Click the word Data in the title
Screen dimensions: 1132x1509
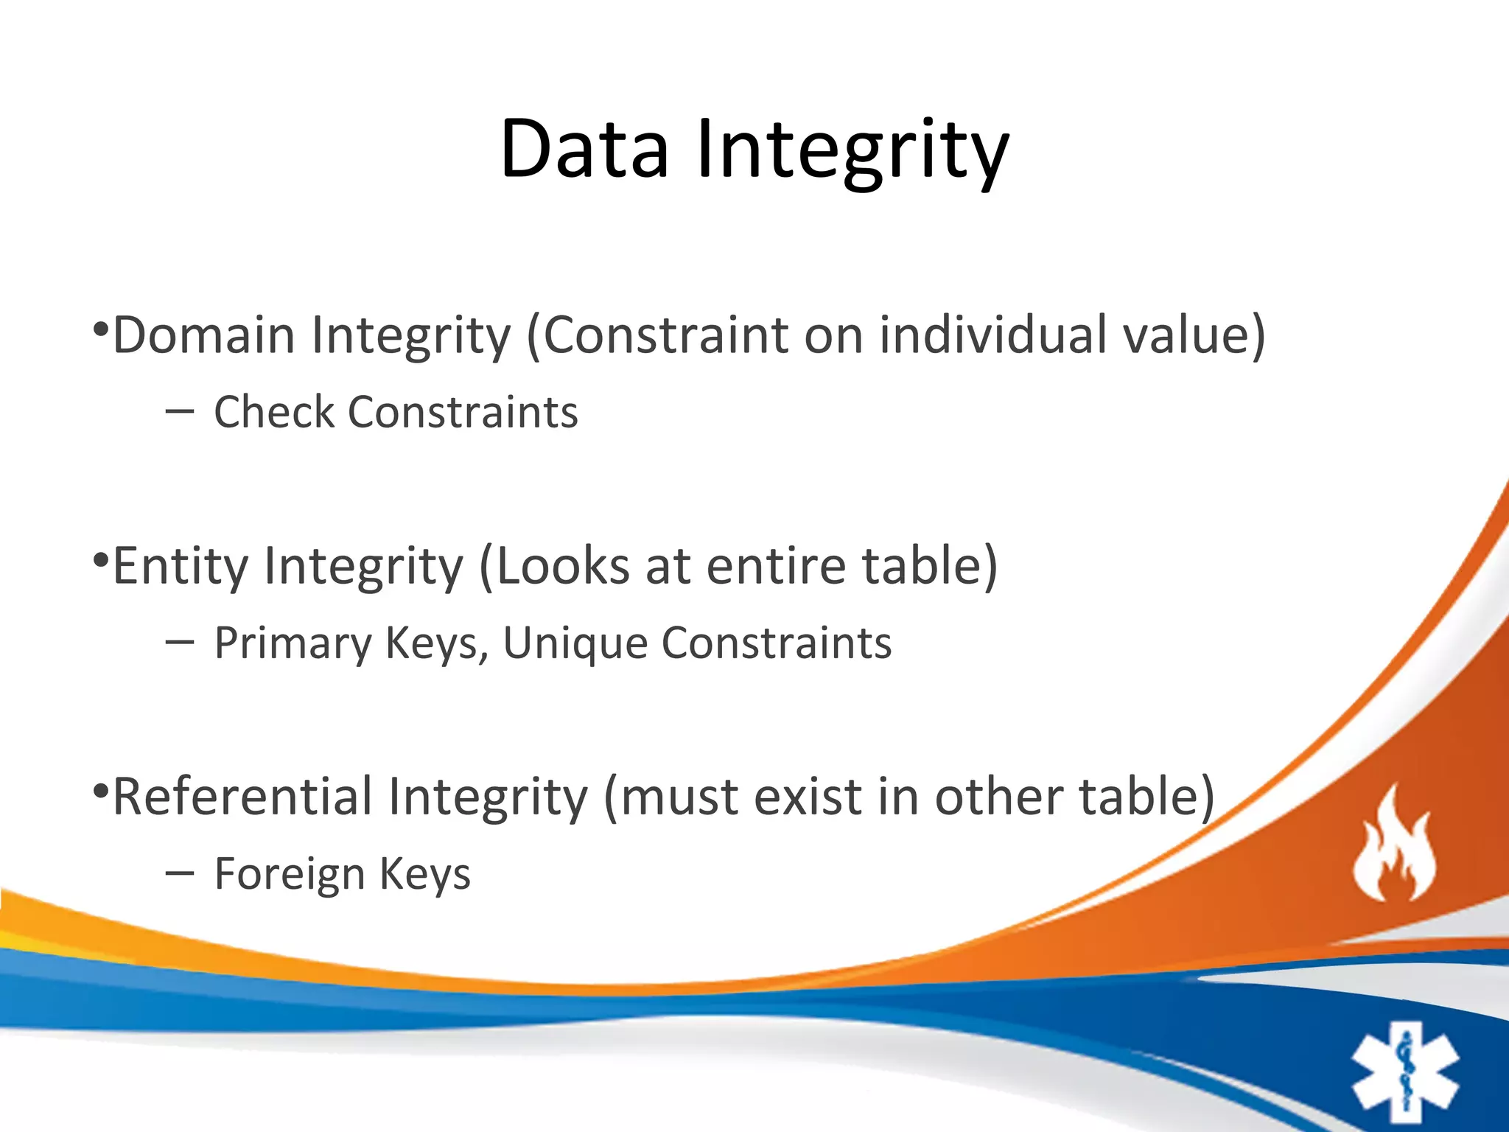[x=584, y=149]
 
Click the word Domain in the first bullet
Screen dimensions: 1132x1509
[x=204, y=335]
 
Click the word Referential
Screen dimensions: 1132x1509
[x=242, y=797]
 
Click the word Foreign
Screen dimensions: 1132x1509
[x=290, y=874]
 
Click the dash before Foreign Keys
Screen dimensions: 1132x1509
[x=180, y=873]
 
